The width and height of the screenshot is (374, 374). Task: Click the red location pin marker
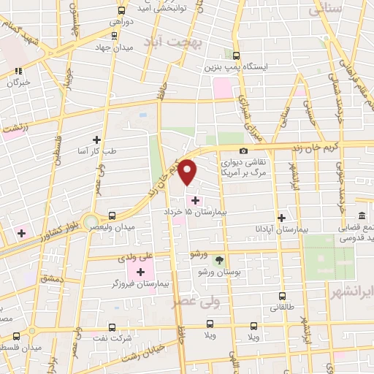pyautogui.click(x=188, y=171)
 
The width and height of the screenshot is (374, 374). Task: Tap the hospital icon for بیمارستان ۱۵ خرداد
pyautogui.click(x=194, y=199)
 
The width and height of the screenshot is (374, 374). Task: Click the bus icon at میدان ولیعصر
pyautogui.click(x=112, y=215)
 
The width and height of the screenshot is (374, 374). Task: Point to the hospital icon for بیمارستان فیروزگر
pyautogui.click(x=141, y=272)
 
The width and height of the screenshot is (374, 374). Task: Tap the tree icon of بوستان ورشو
pyautogui.click(x=218, y=259)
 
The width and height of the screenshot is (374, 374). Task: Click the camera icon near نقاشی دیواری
pyautogui.click(x=243, y=151)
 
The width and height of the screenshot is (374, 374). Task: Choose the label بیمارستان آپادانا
pyautogui.click(x=308, y=229)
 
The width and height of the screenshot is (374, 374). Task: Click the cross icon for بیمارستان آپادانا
pyautogui.click(x=281, y=218)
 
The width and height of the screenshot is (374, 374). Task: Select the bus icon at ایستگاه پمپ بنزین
pyautogui.click(x=235, y=56)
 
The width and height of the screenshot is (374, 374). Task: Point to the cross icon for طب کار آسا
pyautogui.click(x=96, y=139)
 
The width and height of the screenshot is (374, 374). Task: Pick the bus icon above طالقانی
pyautogui.click(x=283, y=297)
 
